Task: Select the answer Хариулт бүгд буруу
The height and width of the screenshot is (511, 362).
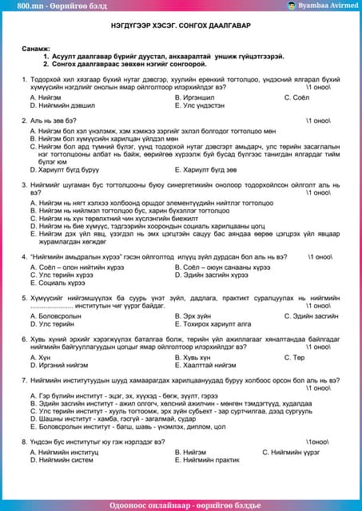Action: click(65, 169)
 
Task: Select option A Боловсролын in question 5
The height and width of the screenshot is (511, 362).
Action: click(58, 316)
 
